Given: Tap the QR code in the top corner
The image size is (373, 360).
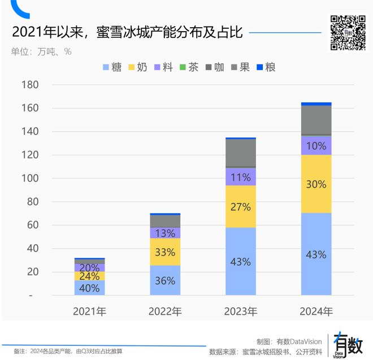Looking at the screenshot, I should pyautogui.click(x=348, y=33).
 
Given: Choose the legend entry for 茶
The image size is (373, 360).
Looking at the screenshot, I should pyautogui.click(x=189, y=67).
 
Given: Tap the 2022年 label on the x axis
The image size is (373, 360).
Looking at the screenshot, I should pyautogui.click(x=165, y=311).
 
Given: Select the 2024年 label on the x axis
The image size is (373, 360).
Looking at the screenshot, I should pyautogui.click(x=316, y=311).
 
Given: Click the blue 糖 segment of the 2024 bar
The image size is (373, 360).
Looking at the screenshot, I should pyautogui.click(x=316, y=254).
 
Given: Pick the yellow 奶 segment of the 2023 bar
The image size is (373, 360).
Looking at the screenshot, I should pyautogui.click(x=241, y=206).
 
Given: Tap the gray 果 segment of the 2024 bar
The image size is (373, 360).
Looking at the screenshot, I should pyautogui.click(x=316, y=120).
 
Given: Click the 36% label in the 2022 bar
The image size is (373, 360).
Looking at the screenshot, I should pyautogui.click(x=165, y=281).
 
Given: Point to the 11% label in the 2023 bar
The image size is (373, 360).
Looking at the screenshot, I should pyautogui.click(x=241, y=177).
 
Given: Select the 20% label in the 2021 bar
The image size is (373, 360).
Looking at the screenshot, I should pyautogui.click(x=89, y=267).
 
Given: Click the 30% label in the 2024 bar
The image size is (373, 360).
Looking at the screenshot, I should pyautogui.click(x=316, y=184).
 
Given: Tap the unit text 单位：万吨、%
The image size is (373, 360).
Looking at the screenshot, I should pyautogui.click(x=41, y=51).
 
